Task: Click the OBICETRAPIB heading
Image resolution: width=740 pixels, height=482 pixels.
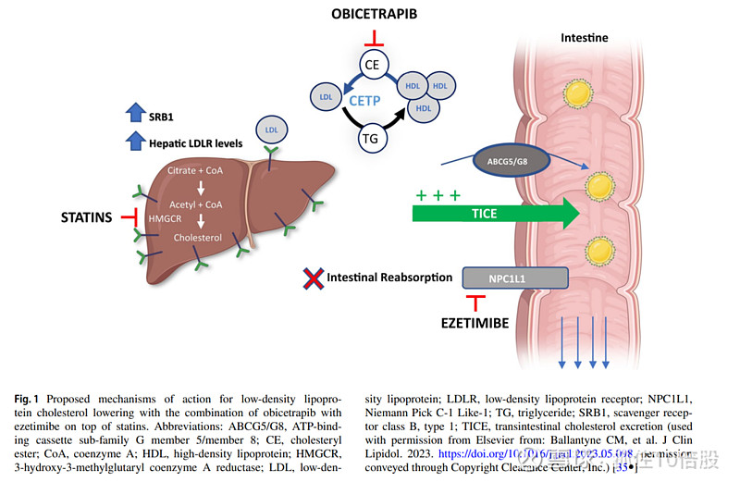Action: [374, 15]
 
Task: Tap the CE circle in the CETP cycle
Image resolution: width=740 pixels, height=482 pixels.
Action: [372, 65]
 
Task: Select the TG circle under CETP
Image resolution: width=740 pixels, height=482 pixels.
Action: [372, 139]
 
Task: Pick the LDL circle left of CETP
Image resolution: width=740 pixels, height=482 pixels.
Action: [326, 96]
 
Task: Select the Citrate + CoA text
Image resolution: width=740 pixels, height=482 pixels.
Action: [194, 171]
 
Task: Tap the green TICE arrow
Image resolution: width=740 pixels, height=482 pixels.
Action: [496, 214]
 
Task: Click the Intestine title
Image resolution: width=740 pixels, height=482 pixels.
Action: [585, 38]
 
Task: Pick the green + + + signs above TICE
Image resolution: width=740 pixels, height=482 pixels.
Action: [438, 195]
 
